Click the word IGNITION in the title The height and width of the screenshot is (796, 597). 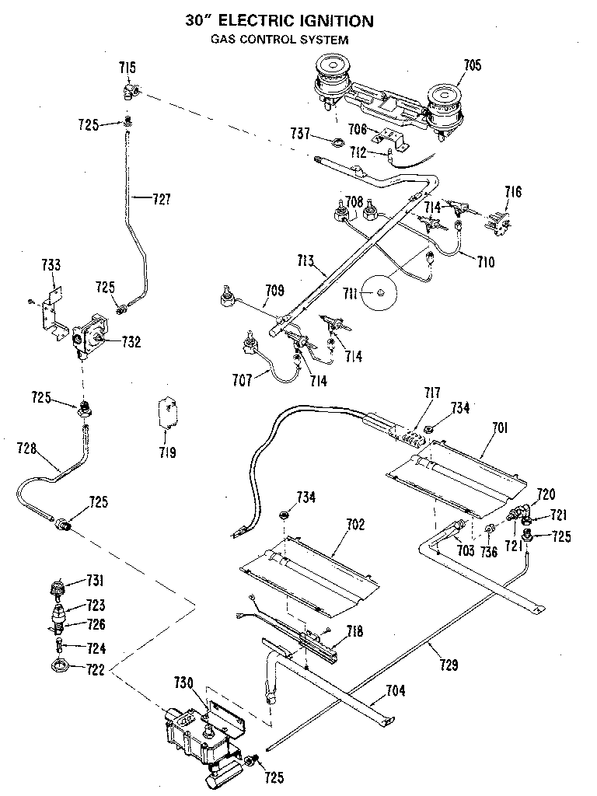(327, 22)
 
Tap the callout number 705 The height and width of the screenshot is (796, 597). (473, 66)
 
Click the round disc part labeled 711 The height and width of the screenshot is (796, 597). (381, 293)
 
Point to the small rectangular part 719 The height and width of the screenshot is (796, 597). (167, 412)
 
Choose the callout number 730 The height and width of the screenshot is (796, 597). (183, 683)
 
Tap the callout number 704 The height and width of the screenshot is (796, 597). (395, 690)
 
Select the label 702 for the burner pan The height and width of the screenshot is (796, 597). (354, 525)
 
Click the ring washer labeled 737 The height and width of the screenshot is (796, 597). (336, 142)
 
